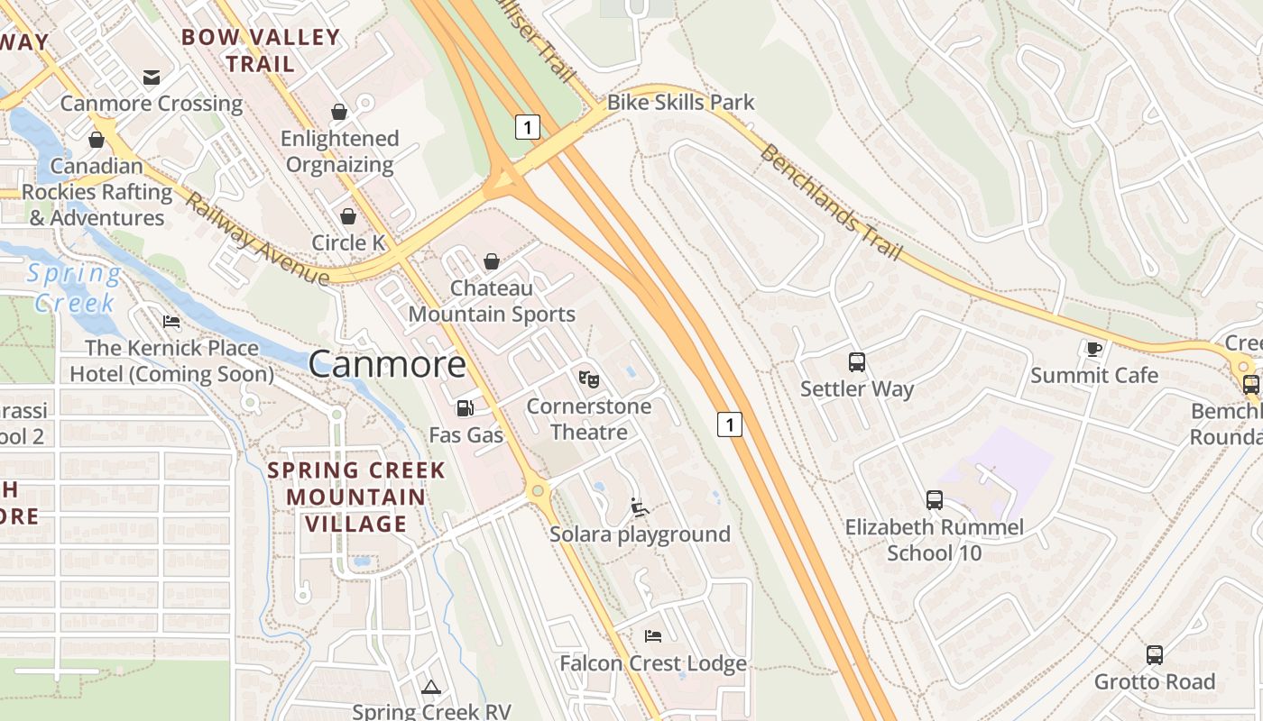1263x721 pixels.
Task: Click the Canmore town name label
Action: pyautogui.click(x=387, y=364)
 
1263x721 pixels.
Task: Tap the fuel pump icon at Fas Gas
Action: pyautogui.click(x=465, y=408)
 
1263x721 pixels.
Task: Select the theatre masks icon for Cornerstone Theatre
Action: pyautogui.click(x=589, y=379)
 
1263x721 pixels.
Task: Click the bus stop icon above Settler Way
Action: pyautogui.click(x=857, y=362)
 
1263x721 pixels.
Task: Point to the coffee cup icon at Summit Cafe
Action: pyautogui.click(x=1093, y=349)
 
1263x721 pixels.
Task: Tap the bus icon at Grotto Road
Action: pyautogui.click(x=1155, y=655)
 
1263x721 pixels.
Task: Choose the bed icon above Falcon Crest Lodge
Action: pyautogui.click(x=653, y=636)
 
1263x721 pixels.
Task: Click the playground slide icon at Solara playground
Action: pyautogui.click(x=640, y=507)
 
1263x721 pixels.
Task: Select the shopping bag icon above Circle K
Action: pyautogui.click(x=348, y=216)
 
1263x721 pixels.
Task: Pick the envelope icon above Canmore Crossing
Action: pyautogui.click(x=152, y=77)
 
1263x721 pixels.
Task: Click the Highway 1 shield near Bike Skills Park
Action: pyautogui.click(x=528, y=127)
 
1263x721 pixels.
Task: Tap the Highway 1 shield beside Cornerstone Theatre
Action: pyautogui.click(x=730, y=424)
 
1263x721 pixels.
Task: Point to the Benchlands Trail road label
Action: pyautogui.click(x=831, y=202)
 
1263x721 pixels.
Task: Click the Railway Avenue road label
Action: pyautogui.click(x=257, y=239)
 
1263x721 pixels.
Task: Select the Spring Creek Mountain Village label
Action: pyautogui.click(x=356, y=497)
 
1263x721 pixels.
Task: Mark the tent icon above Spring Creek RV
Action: pyautogui.click(x=431, y=687)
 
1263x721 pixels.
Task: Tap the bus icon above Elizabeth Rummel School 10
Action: pyautogui.click(x=935, y=499)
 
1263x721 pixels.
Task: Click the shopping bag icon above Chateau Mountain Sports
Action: pyautogui.click(x=492, y=261)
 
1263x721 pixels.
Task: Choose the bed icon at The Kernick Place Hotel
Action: pyautogui.click(x=171, y=322)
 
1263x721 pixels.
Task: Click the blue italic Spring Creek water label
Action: pyautogui.click(x=74, y=287)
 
